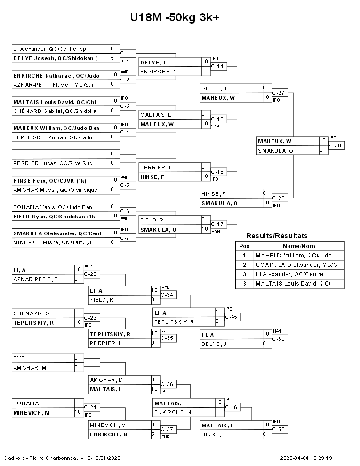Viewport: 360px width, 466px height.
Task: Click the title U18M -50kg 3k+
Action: click(175, 17)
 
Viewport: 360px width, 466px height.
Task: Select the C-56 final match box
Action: click(336, 145)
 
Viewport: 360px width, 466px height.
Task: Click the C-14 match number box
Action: click(219, 66)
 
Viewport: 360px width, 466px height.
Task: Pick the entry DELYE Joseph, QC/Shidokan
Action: click(55, 58)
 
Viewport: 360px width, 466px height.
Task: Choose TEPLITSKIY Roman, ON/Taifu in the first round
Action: click(53, 137)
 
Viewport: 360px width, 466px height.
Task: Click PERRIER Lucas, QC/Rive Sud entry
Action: click(53, 163)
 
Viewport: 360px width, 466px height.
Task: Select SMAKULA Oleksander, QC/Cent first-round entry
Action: click(57, 233)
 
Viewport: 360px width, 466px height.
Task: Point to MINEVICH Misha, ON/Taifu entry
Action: click(52, 242)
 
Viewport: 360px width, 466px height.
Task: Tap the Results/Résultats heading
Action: click(277, 236)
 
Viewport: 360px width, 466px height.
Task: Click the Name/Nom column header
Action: click(299, 246)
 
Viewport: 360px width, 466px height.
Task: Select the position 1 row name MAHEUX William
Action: click(294, 256)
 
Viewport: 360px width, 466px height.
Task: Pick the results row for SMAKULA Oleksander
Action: click(296, 265)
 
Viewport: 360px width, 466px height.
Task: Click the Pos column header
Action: click(244, 246)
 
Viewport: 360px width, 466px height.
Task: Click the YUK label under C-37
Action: click(166, 436)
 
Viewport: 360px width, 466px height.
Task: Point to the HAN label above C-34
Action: click(166, 288)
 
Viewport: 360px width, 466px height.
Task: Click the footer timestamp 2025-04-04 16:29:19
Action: click(306, 458)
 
